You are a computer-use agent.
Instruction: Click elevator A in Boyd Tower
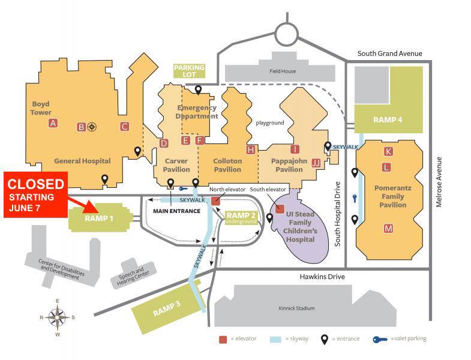53,123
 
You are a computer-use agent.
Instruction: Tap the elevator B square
81,127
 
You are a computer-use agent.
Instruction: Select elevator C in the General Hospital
124,127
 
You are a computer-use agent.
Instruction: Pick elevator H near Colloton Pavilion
251,149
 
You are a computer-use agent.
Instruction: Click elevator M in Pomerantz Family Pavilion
388,229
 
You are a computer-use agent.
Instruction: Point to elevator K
388,151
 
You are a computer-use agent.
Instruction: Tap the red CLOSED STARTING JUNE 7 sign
36,195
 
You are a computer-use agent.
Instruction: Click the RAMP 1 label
99,218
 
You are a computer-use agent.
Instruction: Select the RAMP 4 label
388,120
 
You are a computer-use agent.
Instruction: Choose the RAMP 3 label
167,308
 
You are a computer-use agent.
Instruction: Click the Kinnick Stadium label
296,308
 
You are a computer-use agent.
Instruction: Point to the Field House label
283,71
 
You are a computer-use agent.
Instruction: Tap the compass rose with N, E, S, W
58,317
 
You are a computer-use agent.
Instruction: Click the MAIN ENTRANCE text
176,211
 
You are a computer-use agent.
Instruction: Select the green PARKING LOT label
189,71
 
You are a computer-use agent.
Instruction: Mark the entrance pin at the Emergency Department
198,90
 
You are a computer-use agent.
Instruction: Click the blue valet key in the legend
380,340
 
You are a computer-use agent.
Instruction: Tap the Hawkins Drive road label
322,277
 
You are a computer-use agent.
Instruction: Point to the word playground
270,123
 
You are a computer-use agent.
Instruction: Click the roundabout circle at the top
287,35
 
